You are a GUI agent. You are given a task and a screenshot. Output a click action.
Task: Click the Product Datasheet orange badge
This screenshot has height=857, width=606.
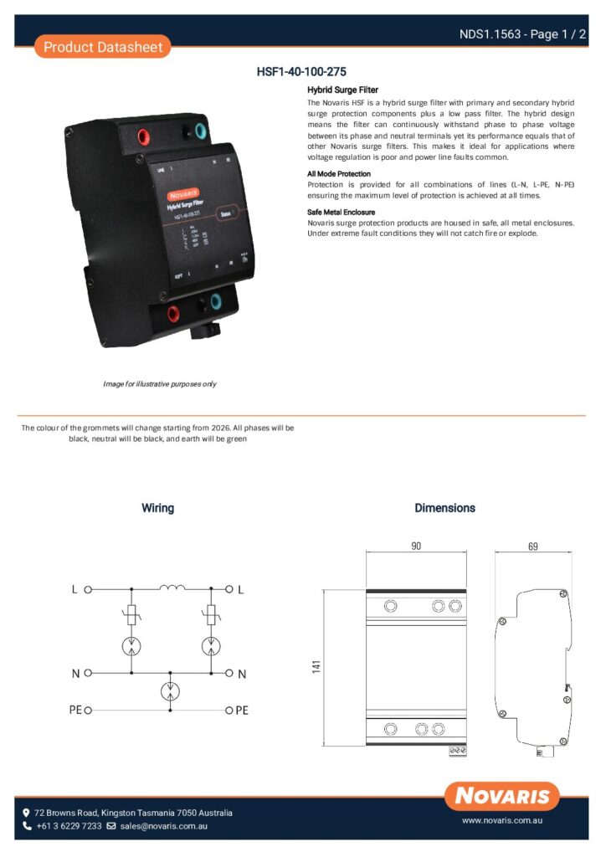103,47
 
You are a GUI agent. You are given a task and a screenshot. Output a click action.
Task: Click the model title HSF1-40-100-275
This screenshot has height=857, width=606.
301,72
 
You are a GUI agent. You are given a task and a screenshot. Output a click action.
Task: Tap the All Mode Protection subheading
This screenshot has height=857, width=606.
339,174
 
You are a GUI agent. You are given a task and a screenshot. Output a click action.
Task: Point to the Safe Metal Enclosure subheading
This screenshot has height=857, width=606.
341,213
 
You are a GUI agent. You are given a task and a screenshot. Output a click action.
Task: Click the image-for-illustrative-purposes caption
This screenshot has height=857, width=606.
160,384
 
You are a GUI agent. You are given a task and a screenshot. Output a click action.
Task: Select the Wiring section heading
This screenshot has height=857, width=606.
157,508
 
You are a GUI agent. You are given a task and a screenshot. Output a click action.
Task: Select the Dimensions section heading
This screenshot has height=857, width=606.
444,508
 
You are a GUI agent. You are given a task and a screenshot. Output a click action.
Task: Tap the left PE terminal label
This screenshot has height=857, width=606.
75,710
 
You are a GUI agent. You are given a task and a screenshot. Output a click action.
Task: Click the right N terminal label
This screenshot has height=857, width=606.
242,674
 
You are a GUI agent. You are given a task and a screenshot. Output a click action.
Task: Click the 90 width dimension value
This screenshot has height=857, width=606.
416,546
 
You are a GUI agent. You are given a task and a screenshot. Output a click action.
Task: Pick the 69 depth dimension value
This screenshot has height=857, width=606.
532,546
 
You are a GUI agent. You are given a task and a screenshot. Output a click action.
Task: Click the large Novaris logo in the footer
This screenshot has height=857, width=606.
502,795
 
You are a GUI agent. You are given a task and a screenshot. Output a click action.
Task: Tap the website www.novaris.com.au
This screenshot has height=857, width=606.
502,822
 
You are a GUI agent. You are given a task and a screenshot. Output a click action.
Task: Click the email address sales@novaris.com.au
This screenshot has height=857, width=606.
163,826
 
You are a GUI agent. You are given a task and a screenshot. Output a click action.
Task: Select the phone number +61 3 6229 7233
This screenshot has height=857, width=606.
69,826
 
